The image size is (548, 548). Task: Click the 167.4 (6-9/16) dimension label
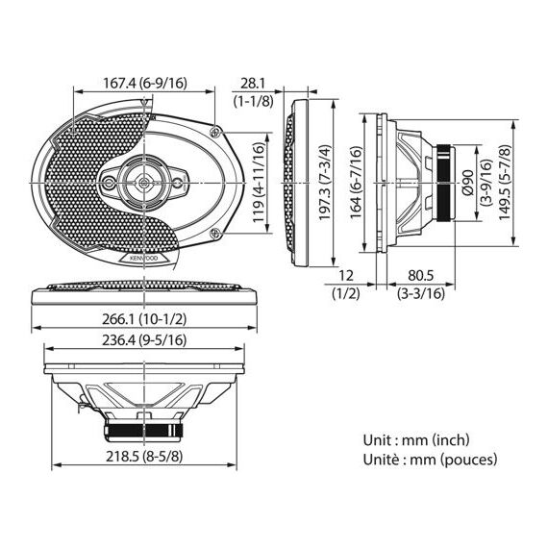click(x=145, y=84)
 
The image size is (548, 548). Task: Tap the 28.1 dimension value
click(x=253, y=84)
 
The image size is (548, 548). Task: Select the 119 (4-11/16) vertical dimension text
click(x=259, y=183)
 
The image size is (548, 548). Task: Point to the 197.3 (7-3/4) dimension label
click(x=324, y=183)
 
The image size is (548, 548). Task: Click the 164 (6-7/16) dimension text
click(x=356, y=183)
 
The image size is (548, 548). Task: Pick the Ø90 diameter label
click(x=467, y=183)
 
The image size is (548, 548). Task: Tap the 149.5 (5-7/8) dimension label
click(x=505, y=183)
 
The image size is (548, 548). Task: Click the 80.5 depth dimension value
click(x=420, y=276)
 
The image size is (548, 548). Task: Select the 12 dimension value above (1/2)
click(x=346, y=276)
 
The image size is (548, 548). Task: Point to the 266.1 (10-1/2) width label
click(x=144, y=319)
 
